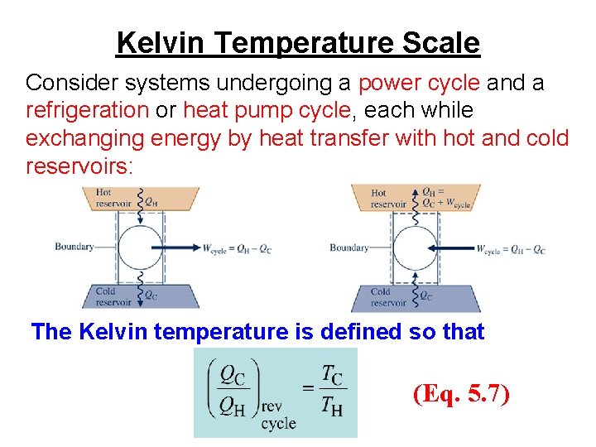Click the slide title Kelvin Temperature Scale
(298, 41)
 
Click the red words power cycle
(419, 84)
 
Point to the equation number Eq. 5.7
(462, 394)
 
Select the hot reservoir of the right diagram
(414, 198)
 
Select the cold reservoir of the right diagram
(414, 296)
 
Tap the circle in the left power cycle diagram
(140, 247)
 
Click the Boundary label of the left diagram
(74, 247)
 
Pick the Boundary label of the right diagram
(349, 248)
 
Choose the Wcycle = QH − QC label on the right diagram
(511, 248)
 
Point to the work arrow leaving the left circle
(183, 247)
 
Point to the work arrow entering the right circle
(451, 247)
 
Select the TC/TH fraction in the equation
(332, 389)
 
